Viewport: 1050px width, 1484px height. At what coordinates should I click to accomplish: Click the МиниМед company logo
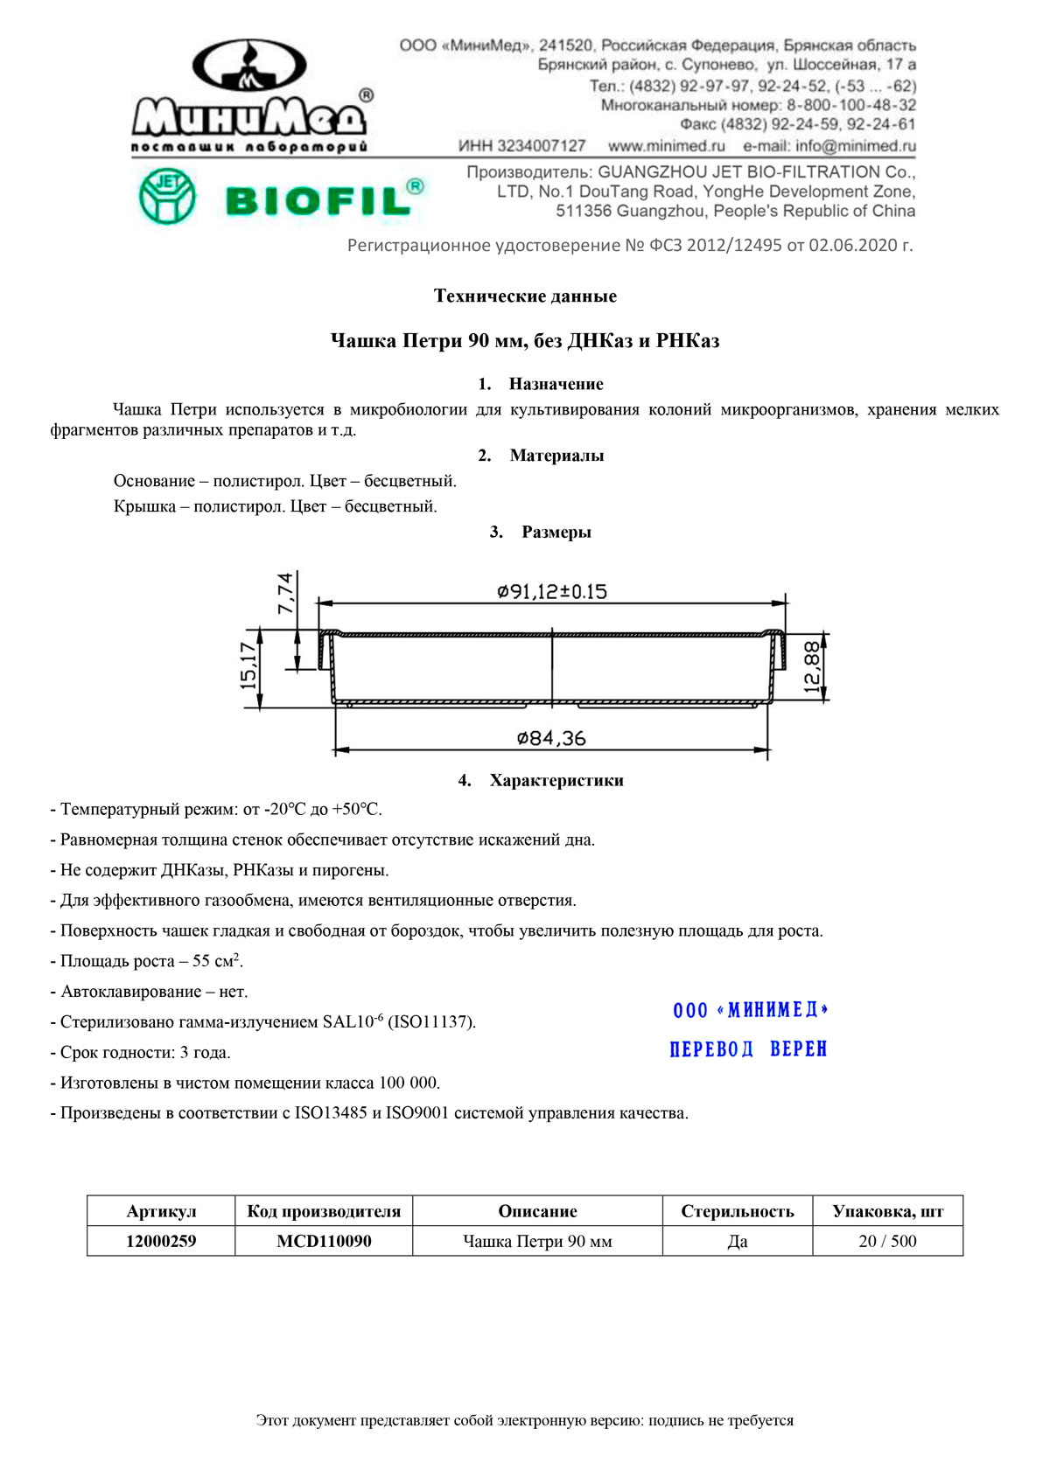(x=252, y=96)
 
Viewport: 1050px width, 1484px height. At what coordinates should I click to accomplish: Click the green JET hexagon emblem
(x=166, y=196)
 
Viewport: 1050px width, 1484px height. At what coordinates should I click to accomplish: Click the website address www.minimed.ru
(x=667, y=146)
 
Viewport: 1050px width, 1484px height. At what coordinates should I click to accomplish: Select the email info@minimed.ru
(x=829, y=146)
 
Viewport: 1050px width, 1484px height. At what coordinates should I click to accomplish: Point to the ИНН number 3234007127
(x=522, y=146)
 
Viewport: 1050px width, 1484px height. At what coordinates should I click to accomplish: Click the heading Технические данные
(x=525, y=296)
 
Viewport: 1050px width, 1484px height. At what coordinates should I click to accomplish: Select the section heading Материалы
(x=556, y=456)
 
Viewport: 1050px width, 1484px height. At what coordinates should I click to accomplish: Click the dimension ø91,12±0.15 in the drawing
(x=552, y=592)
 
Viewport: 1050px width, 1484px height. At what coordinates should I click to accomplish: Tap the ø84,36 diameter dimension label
(x=551, y=739)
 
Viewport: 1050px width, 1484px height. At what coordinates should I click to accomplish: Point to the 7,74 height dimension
(x=286, y=593)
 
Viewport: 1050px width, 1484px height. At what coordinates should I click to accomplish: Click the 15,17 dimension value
(x=249, y=665)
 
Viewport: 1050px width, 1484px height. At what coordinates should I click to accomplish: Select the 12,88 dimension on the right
(x=812, y=667)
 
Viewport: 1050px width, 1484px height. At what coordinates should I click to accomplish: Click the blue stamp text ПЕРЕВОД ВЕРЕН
(x=748, y=1049)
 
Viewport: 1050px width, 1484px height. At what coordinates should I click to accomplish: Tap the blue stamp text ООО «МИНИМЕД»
(x=750, y=1010)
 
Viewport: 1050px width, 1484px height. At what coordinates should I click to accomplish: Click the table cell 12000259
(x=161, y=1241)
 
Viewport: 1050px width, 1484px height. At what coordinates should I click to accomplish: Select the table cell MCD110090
(x=324, y=1241)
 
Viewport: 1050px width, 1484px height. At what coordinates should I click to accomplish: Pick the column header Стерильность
(x=738, y=1211)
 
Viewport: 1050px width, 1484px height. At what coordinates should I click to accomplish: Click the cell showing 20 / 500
(x=887, y=1241)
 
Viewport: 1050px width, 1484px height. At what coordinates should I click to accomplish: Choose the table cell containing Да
(x=738, y=1241)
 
